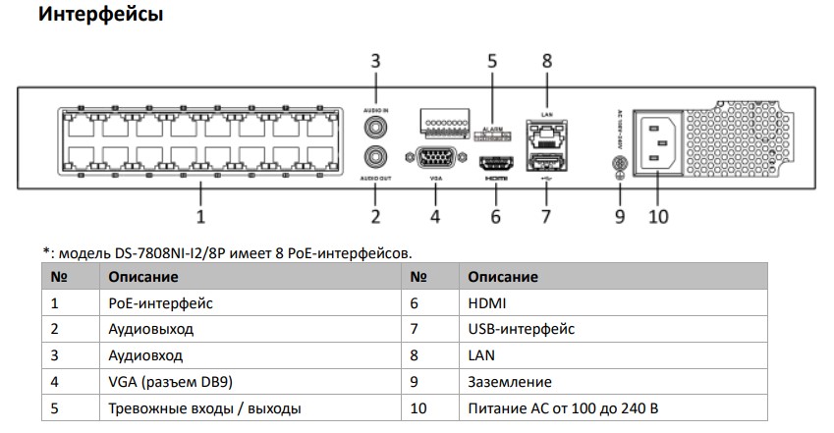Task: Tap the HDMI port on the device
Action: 494,164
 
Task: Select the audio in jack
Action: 374,127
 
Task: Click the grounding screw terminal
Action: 619,167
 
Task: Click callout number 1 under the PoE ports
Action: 200,215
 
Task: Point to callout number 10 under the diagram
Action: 658,215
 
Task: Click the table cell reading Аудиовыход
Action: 151,329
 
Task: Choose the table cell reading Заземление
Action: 510,381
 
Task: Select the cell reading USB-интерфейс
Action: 522,329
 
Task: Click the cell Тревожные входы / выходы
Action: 204,407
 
